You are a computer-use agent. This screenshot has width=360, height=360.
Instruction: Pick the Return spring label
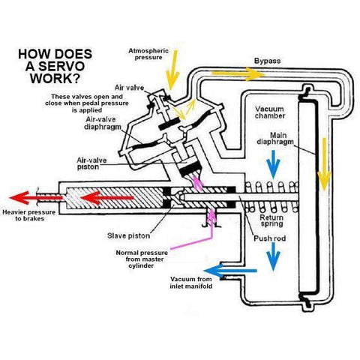click(271, 222)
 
